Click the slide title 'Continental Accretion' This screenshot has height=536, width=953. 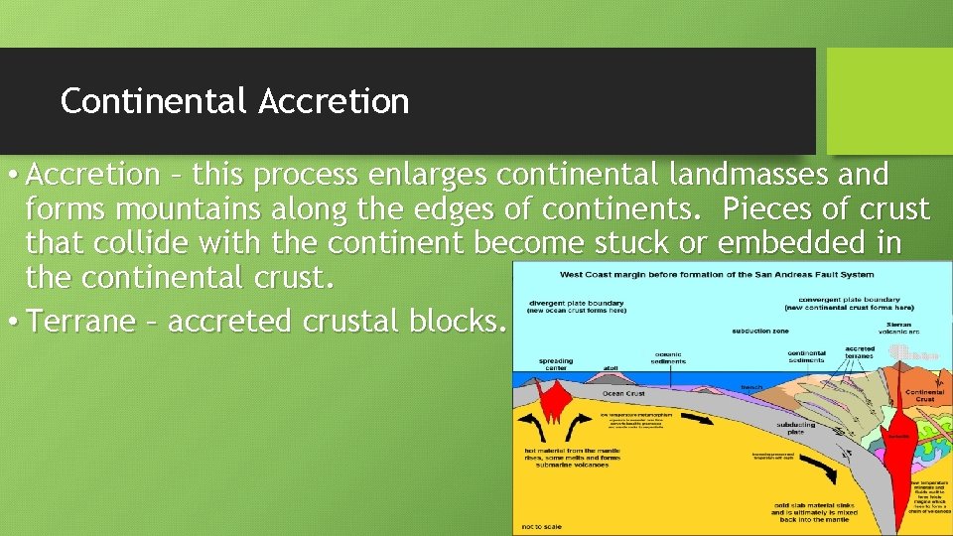coord(234,101)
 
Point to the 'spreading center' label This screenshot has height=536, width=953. coord(555,363)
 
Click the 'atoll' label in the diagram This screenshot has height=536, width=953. coord(611,367)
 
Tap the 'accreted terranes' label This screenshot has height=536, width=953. coord(860,351)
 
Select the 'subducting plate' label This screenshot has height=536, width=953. coord(796,428)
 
